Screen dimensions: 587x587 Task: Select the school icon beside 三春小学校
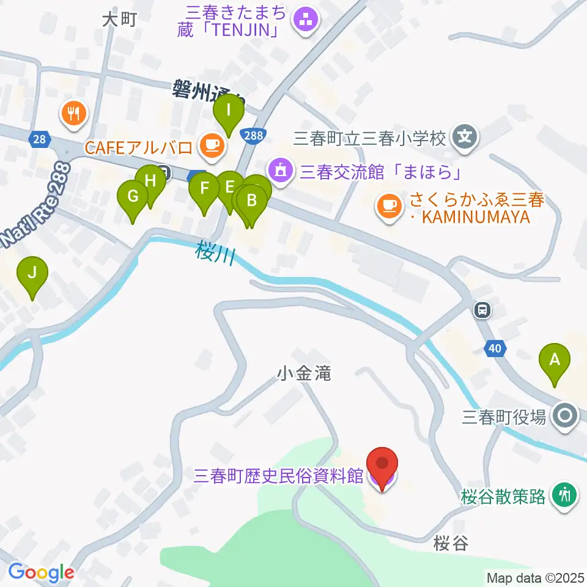click(x=466, y=135)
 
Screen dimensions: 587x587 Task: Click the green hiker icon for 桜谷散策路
click(x=566, y=493)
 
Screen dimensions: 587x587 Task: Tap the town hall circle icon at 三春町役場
click(x=566, y=416)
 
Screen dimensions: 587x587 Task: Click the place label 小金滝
click(x=304, y=372)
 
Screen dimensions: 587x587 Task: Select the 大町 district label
click(x=119, y=20)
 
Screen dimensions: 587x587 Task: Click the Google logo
click(x=41, y=573)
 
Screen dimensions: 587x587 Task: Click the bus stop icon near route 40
click(x=483, y=311)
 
